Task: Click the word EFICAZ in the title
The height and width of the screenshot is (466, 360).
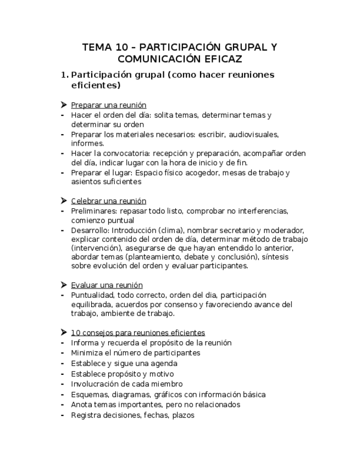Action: (x=220, y=59)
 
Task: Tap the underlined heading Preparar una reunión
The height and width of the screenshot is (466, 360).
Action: (x=108, y=105)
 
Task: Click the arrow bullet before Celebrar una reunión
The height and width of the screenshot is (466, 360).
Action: (x=64, y=201)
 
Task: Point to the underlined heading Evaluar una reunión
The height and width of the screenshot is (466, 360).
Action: (x=107, y=285)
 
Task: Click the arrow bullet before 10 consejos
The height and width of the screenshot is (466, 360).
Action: (x=64, y=332)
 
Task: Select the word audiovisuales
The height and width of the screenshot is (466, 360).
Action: (x=253, y=134)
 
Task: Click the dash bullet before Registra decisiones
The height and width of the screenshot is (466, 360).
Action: (x=64, y=415)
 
